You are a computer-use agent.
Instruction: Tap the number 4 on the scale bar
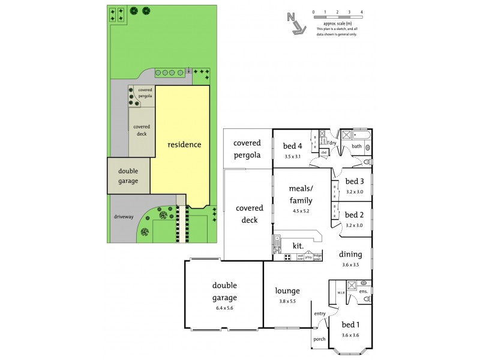361,12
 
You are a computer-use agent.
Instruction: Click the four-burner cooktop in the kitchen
288,257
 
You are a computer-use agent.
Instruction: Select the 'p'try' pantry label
308,257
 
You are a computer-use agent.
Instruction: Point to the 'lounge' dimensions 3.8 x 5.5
287,301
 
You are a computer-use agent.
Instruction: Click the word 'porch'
319,339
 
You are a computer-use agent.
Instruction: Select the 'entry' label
319,314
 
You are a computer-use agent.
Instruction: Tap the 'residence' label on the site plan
184,145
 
